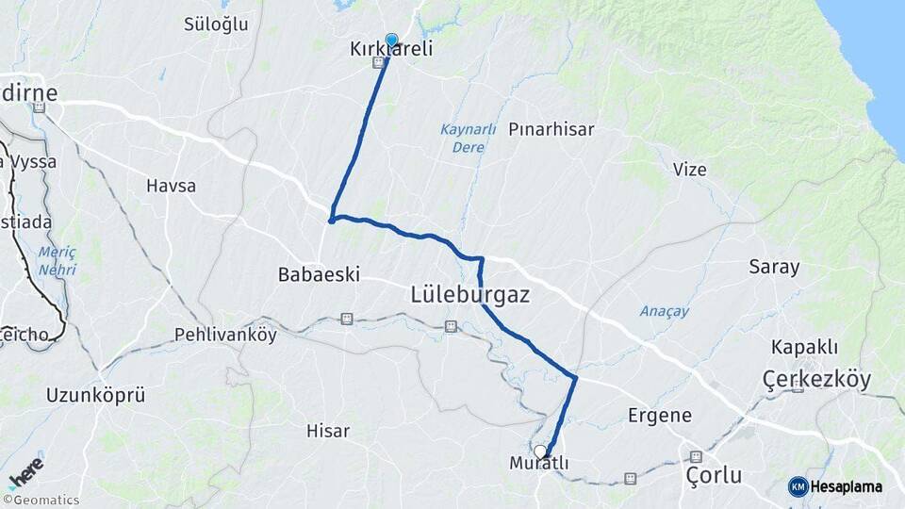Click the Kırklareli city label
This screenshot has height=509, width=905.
coord(391,48)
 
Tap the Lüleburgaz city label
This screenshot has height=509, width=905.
coord(469,295)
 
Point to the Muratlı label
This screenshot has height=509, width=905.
coord(538,464)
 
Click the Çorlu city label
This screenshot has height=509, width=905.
coord(714,474)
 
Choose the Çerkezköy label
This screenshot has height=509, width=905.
coord(816,380)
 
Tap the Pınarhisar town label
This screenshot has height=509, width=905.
coord(551,129)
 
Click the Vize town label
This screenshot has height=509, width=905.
coord(689,169)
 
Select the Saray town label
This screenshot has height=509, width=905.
coord(774,267)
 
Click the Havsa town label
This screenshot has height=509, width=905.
coord(171,186)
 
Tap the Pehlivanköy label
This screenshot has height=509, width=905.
coord(225,335)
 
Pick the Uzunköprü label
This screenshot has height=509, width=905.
coord(95,395)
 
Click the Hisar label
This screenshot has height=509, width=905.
coord(328,431)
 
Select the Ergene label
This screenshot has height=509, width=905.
coord(660,415)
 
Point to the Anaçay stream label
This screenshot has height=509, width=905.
coord(665,311)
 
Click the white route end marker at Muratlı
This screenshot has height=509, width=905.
coord(540,452)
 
